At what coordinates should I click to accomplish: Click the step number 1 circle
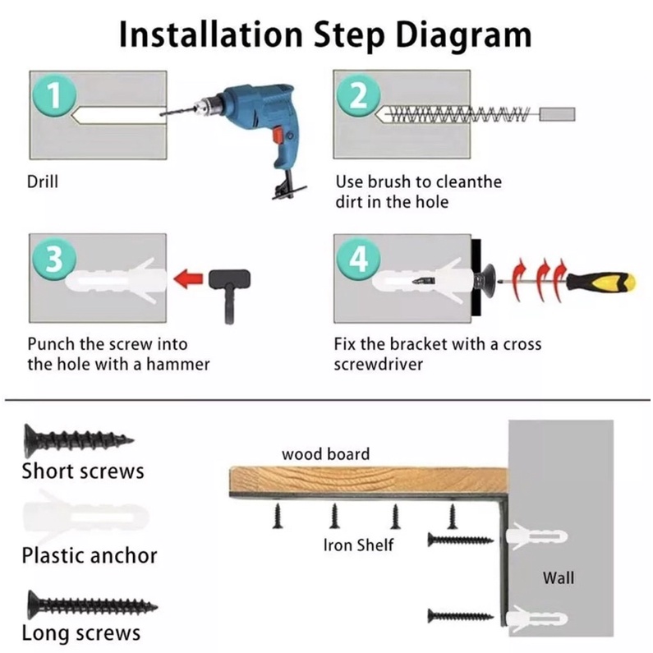54,95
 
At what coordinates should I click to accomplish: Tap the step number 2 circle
359,95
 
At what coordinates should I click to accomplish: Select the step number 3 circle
54,258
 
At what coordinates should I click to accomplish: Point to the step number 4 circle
359,258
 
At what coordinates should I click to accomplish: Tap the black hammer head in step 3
229,278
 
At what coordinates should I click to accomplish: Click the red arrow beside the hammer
188,278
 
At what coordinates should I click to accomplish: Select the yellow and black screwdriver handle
602,282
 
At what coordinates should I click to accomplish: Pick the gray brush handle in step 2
557,114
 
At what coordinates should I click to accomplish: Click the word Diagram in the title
463,35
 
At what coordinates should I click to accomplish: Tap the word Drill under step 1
43,182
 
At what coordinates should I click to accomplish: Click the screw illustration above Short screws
78,440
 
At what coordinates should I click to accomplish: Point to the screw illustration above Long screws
92,605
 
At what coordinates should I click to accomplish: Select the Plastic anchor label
90,555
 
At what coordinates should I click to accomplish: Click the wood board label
325,454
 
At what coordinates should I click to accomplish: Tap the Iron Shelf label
358,545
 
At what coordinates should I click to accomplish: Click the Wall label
558,578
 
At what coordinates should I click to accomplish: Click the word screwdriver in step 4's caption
378,365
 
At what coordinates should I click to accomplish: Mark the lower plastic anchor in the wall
536,619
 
